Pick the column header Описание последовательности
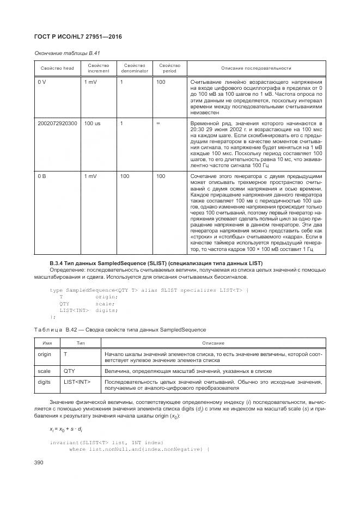255,68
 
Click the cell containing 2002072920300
58,124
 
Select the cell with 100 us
93,124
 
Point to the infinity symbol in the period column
158,124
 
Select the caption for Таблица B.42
120,330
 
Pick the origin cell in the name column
44,354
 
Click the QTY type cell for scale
69,371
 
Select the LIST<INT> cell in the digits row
77,382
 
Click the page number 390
41,463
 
